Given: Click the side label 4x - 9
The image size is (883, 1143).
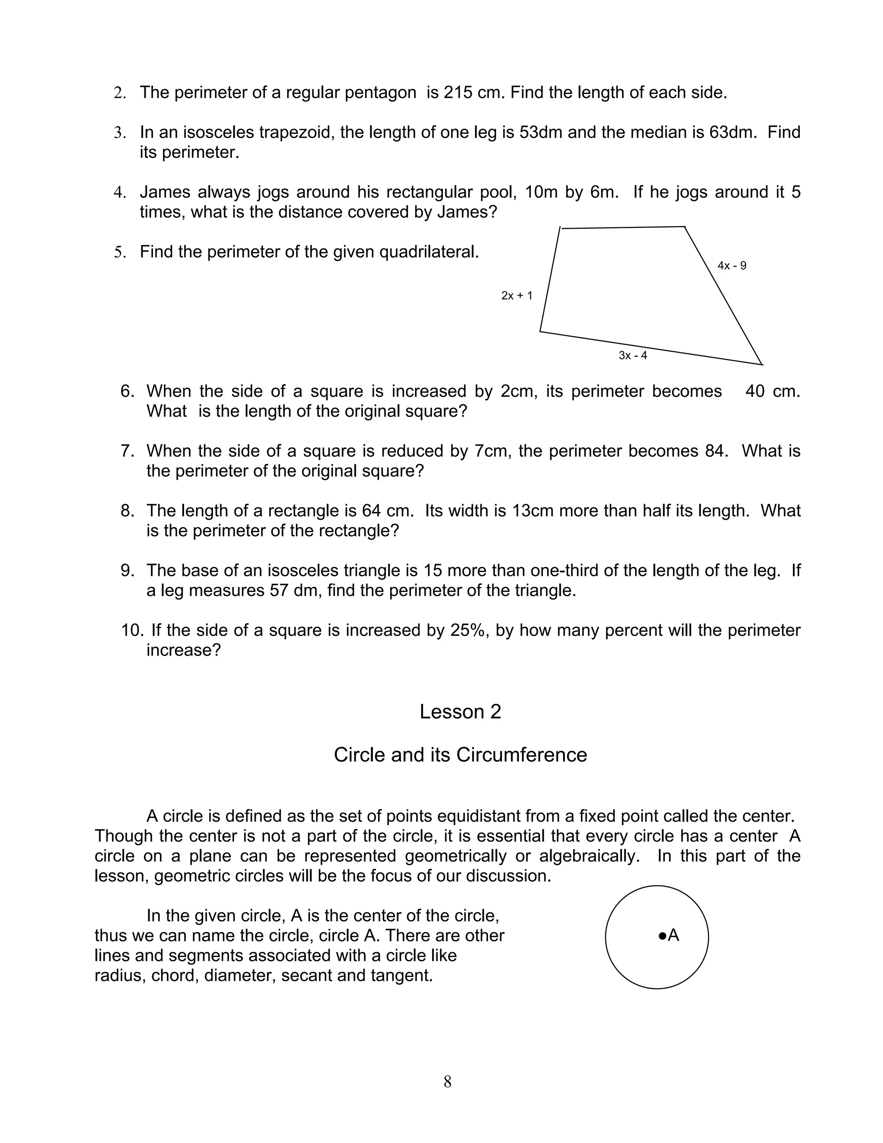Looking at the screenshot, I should point(732,266).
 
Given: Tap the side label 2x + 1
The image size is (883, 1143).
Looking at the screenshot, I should point(517,296).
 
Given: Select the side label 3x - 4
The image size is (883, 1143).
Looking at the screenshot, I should point(633,355).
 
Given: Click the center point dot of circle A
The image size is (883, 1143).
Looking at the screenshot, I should point(662,935).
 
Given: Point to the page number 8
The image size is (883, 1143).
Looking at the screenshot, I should point(447,1081).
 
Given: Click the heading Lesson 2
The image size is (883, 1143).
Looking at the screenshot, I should point(460,712).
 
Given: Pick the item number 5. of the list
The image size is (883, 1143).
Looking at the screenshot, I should point(120,252).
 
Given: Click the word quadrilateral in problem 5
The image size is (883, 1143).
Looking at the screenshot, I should point(429,252).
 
